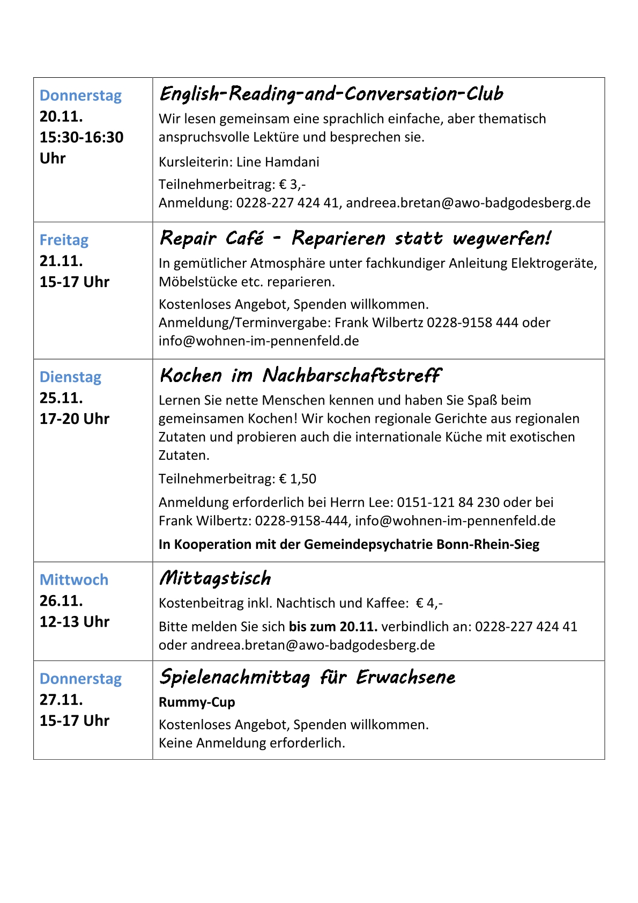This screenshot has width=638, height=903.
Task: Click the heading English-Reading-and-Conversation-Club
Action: [x=331, y=94]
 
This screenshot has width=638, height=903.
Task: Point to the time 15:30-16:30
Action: [x=81, y=137]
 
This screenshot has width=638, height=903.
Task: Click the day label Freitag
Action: [x=64, y=240]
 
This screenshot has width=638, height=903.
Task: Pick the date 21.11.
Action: [x=61, y=261]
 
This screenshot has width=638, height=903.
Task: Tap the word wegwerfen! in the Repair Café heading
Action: [x=501, y=238]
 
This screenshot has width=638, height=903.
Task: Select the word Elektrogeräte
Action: [x=554, y=263]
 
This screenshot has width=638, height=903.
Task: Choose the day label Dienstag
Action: [x=70, y=377]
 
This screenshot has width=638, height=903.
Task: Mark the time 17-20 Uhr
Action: [x=74, y=419]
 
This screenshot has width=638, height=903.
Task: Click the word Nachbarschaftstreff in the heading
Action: [x=352, y=375]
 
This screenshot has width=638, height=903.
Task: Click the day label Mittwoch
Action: [x=74, y=579]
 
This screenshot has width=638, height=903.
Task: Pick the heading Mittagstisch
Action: [x=215, y=578]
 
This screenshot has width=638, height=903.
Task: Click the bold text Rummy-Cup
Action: [x=197, y=702]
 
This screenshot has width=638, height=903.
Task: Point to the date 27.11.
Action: [x=61, y=700]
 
